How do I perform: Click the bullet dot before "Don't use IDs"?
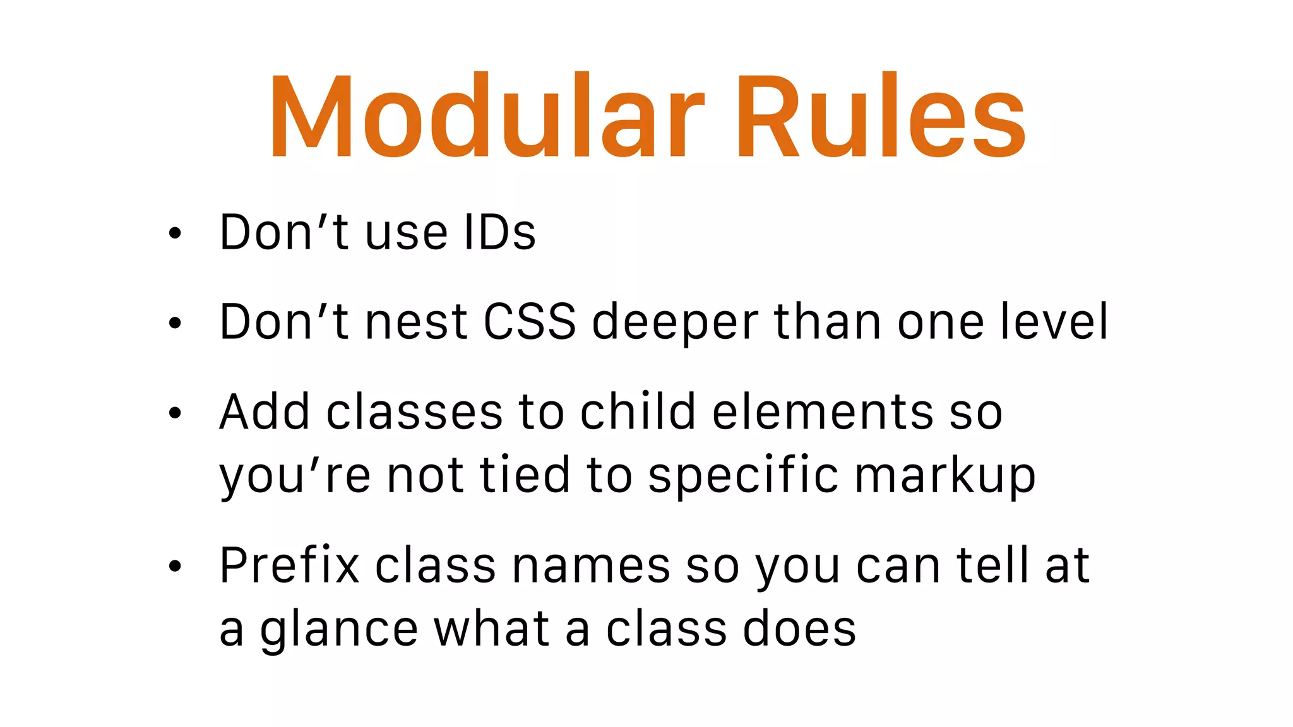click(175, 233)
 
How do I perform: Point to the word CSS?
click(529, 322)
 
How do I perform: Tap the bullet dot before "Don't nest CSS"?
click(175, 323)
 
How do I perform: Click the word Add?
click(265, 412)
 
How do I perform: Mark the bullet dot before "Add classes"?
click(175, 413)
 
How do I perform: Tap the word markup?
click(945, 476)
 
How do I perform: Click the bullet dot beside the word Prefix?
click(175, 566)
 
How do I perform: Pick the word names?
click(591, 566)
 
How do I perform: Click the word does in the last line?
click(799, 629)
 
